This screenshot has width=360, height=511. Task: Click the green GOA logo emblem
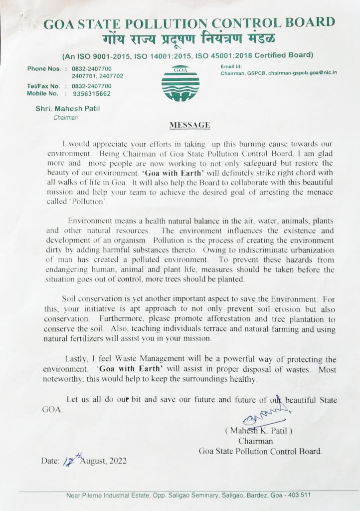pos(180,83)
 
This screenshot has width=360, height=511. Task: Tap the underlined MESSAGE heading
pos(189,125)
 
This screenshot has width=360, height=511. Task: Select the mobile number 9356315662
pos(91,93)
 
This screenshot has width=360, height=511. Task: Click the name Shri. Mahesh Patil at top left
pos(67,109)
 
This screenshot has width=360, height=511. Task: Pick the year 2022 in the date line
pos(117,461)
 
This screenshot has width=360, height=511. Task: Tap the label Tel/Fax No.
pos(43,86)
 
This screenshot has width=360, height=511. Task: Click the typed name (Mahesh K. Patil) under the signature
pos(258,431)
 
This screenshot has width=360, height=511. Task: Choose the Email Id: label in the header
pos(231,66)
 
